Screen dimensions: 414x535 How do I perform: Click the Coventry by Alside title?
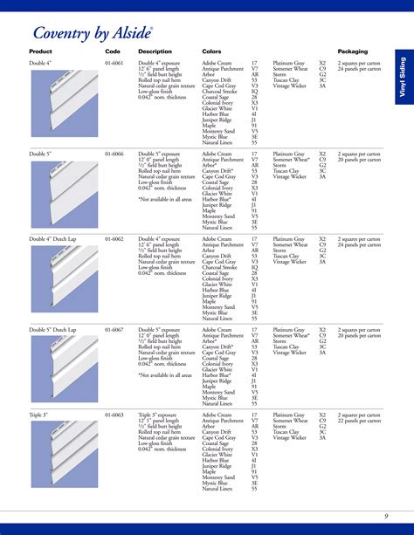click(93, 33)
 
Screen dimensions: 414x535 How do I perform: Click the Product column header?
click(41, 51)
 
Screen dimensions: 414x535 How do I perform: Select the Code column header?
click(113, 51)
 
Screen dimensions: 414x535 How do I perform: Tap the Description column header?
click(155, 51)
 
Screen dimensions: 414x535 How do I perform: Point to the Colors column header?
click(211, 51)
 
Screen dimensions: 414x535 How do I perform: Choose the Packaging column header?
click(353, 51)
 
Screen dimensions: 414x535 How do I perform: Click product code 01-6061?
click(114, 64)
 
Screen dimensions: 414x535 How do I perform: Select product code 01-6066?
click(114, 153)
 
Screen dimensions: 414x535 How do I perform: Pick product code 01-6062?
click(114, 238)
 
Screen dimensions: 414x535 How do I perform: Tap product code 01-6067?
click(114, 330)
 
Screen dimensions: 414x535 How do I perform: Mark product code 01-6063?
click(114, 415)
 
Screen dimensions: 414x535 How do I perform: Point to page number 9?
click(385, 518)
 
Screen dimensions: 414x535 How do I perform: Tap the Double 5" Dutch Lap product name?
click(53, 330)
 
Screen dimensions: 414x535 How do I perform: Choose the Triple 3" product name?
click(39, 415)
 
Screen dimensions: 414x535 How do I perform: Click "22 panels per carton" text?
click(359, 422)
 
